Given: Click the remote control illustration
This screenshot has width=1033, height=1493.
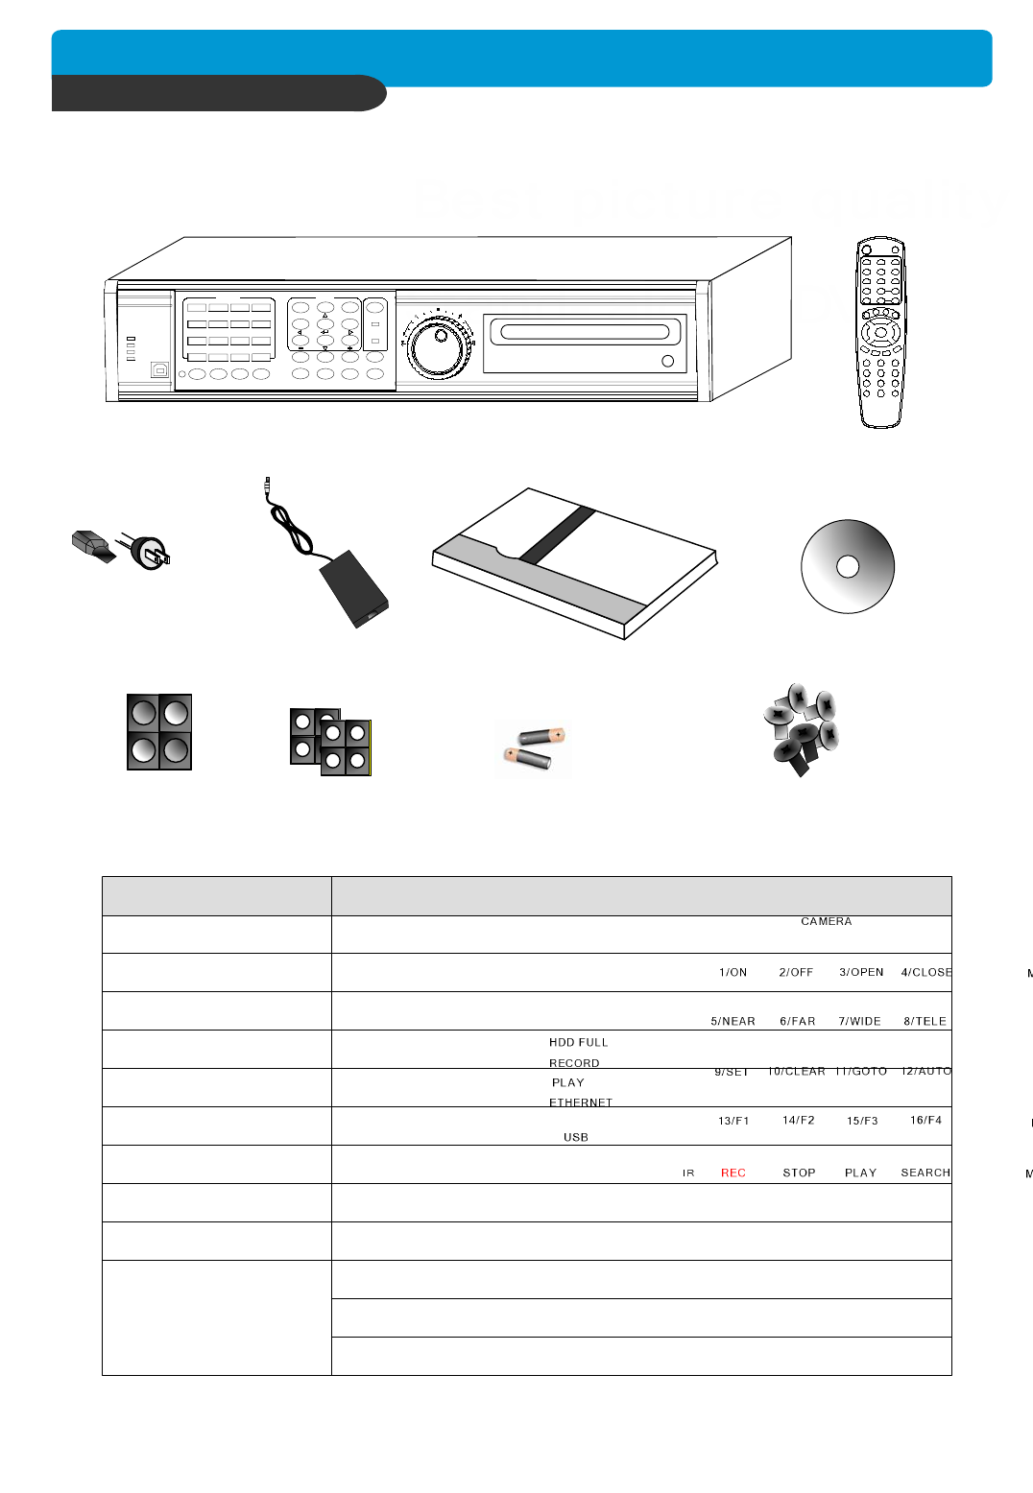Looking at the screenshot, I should [880, 332].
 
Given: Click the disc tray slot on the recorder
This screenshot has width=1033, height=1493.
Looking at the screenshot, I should [585, 333].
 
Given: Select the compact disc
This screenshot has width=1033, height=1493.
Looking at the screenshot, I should [848, 566].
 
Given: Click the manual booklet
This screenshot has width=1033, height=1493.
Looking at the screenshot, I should [574, 563].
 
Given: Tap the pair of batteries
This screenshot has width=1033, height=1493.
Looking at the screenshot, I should [536, 749].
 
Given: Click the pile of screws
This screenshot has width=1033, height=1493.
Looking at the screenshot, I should [801, 728].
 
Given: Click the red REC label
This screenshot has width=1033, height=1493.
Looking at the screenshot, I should [733, 1173].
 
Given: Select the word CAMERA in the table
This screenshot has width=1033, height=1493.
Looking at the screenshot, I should [826, 921].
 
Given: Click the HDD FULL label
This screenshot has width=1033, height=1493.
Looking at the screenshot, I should [578, 1042].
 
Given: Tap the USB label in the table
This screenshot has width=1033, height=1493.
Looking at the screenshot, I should [576, 1137].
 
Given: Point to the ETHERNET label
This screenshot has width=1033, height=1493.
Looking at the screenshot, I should [581, 1102].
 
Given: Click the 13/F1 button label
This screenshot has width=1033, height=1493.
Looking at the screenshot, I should [733, 1121].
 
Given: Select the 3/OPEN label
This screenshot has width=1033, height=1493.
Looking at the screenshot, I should [861, 972].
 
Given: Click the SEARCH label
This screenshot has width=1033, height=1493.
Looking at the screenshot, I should [925, 1173].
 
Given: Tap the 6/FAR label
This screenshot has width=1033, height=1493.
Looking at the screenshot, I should [797, 1021].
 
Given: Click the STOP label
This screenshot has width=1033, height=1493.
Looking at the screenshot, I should [799, 1173].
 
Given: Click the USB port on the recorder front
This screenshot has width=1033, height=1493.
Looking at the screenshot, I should [159, 368].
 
